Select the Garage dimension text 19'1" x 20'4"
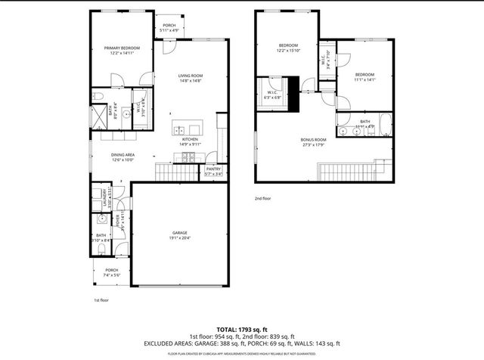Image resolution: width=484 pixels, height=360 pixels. (x=179, y=237)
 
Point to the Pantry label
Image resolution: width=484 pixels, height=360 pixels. (x=213, y=169)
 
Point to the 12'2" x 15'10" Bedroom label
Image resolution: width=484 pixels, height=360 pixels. (x=288, y=45)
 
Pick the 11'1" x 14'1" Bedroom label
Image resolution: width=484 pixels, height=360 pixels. (x=365, y=74)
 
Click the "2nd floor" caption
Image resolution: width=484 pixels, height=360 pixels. (x=262, y=198)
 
